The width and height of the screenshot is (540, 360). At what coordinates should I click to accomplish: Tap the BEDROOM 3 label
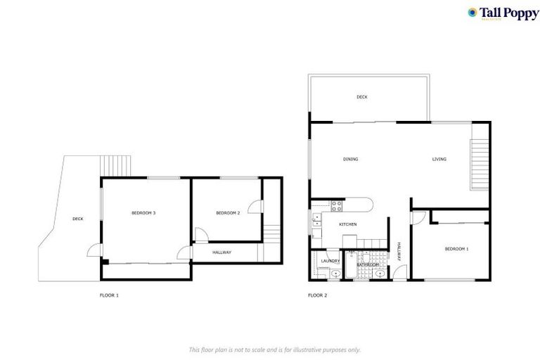[x=143, y=213]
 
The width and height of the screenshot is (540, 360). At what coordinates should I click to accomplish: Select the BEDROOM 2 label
[x=228, y=213]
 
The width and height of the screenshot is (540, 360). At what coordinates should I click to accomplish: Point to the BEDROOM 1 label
[x=456, y=249]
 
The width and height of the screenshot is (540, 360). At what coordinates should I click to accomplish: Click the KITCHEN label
[x=348, y=224]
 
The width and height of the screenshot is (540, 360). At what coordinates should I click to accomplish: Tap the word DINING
[x=350, y=160]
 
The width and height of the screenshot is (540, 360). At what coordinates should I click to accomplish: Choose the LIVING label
[x=439, y=160]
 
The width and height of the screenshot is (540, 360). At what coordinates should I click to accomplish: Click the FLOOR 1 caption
[x=109, y=295]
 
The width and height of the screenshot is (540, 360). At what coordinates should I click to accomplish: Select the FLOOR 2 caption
[x=318, y=295]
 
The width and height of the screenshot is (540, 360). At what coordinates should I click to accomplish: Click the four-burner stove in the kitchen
[x=336, y=205]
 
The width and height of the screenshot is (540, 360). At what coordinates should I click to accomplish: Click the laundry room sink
[x=336, y=274]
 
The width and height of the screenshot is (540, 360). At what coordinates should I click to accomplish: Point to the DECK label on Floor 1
[x=77, y=219]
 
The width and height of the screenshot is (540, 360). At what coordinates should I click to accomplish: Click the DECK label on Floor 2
[x=361, y=97]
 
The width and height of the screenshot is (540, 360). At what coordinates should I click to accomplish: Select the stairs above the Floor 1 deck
[x=117, y=165]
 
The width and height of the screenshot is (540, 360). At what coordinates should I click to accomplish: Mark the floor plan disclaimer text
[x=274, y=349]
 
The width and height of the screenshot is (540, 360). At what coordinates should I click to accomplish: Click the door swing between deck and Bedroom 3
[x=94, y=250]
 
